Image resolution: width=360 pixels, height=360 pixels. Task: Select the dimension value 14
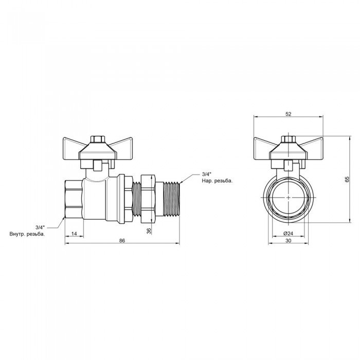click(x=74, y=233)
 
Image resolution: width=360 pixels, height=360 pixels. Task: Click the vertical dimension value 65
click(x=347, y=179)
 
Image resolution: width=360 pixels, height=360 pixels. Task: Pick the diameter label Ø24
click(x=288, y=233)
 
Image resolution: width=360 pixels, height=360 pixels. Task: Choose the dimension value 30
click(x=288, y=241)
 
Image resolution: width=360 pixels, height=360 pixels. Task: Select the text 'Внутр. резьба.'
click(x=27, y=234)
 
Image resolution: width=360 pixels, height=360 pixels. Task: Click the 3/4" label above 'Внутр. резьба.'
click(x=40, y=227)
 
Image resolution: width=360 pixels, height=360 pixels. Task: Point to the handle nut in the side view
click(x=97, y=139)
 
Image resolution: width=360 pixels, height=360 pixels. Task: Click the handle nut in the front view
click(x=289, y=139)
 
